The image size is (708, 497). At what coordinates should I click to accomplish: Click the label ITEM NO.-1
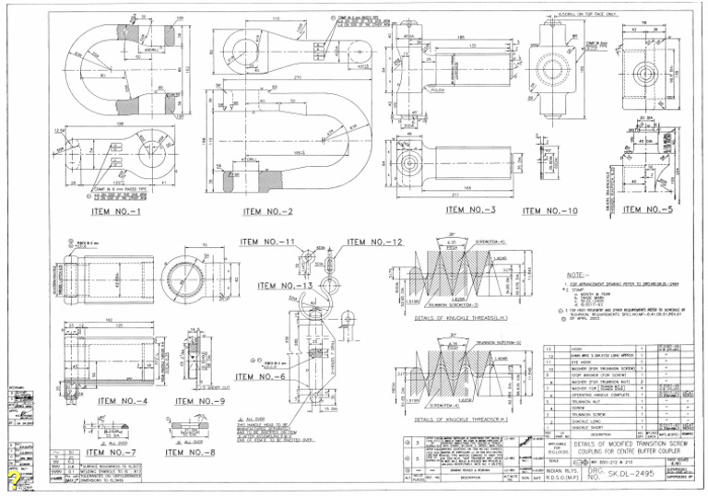click(x=124, y=211)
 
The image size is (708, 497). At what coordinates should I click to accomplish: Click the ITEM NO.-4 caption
click(x=124, y=401)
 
